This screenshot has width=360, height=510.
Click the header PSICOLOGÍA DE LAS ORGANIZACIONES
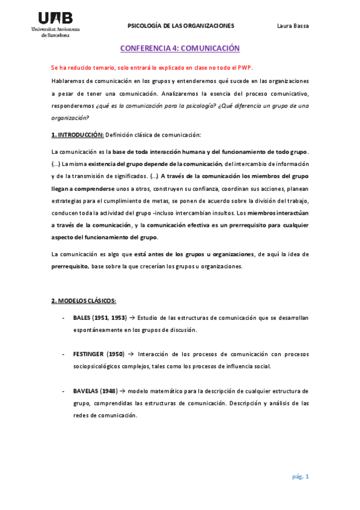pos(181,26)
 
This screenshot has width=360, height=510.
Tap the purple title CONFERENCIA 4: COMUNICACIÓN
pos(180,48)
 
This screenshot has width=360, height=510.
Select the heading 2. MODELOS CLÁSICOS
pos(84,300)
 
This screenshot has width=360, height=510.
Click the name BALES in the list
pos(83,317)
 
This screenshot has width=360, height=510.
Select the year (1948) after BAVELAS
pos(112,391)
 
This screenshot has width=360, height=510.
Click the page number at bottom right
pos(301,477)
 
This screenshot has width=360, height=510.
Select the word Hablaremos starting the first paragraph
pos(68,81)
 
